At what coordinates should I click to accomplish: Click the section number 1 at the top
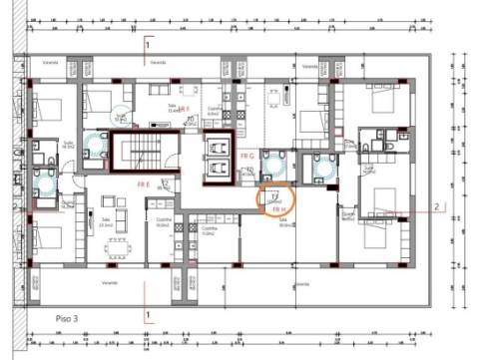(148, 45)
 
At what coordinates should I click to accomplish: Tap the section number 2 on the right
(436, 207)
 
